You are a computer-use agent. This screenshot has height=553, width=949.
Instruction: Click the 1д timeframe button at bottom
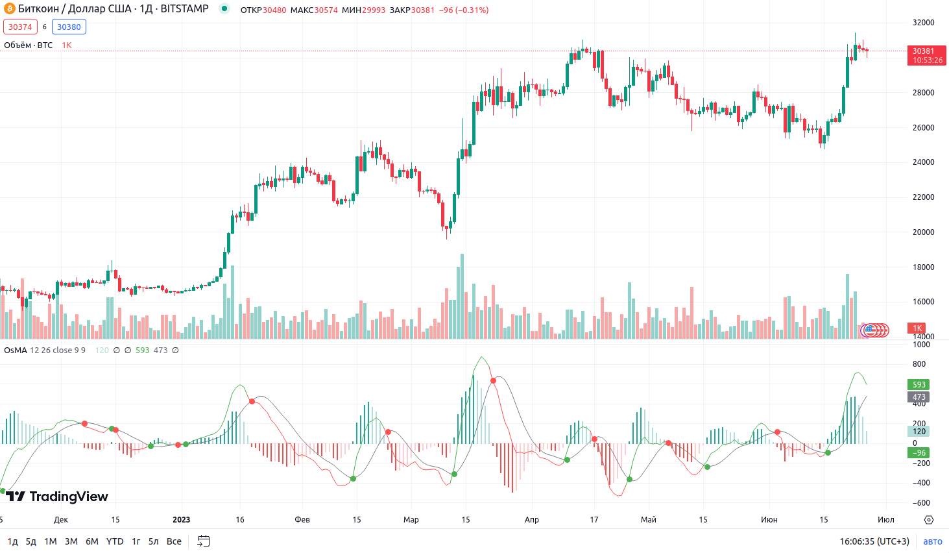click(x=12, y=541)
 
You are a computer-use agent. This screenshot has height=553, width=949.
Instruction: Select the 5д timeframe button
click(x=31, y=541)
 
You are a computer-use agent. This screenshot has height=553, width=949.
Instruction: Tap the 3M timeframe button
click(x=71, y=541)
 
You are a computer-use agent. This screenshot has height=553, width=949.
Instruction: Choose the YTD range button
click(x=115, y=541)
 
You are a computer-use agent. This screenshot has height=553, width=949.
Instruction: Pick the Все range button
click(x=174, y=541)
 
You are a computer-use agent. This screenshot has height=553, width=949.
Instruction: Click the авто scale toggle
click(x=932, y=541)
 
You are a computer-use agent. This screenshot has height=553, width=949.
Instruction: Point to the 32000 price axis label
click(x=923, y=23)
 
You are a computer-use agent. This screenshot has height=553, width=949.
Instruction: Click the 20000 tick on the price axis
click(x=923, y=232)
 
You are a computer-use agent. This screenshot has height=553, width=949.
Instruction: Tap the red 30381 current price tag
click(x=926, y=55)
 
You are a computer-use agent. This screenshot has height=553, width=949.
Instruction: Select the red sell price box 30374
click(x=20, y=27)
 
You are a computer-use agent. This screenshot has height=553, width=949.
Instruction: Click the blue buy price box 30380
click(x=69, y=27)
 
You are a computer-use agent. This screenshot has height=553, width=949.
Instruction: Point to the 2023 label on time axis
click(x=182, y=520)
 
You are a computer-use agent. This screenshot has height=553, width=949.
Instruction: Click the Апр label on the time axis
click(x=532, y=520)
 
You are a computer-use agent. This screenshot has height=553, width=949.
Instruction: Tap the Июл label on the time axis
click(x=886, y=520)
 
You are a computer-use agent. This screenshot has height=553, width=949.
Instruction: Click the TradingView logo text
click(x=68, y=497)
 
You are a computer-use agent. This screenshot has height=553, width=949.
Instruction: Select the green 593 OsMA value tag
click(x=919, y=385)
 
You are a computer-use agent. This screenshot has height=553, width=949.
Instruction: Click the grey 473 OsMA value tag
click(x=919, y=397)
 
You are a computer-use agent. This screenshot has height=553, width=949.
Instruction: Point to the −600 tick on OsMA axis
click(x=921, y=503)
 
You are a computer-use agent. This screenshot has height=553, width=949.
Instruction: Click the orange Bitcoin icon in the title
click(x=9, y=9)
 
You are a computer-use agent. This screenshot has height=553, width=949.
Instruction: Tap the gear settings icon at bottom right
click(x=929, y=520)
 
